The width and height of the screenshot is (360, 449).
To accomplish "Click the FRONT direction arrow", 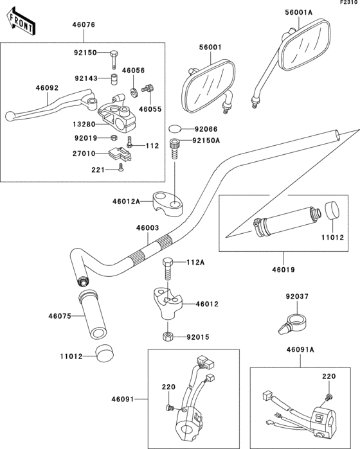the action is (x=21, y=22).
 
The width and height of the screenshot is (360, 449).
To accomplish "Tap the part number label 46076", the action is (x=84, y=24).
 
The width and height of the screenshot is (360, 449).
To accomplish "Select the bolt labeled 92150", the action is (x=114, y=60).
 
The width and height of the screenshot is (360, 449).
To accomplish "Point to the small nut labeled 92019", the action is (x=114, y=137).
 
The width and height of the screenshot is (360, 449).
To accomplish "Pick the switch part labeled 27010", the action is (x=120, y=153).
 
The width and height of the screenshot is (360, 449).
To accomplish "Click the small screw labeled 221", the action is (x=121, y=168).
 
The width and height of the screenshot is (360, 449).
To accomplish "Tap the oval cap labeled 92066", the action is (x=175, y=128).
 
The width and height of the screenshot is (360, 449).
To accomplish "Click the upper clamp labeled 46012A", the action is (x=168, y=204).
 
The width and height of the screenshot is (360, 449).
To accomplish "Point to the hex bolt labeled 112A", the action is (x=168, y=269).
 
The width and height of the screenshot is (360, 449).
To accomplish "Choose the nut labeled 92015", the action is (x=168, y=336).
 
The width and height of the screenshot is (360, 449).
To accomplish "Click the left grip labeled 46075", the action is (x=92, y=314).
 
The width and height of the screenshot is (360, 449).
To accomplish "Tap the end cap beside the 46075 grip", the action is (x=104, y=353).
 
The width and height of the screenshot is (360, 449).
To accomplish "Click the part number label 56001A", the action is (x=299, y=12).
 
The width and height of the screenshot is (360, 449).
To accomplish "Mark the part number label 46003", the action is (x=148, y=228).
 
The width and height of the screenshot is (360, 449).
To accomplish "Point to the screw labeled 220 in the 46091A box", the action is (x=328, y=397).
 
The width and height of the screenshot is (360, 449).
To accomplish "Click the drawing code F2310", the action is (x=350, y=3).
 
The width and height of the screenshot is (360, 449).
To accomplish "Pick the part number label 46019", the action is (x=283, y=270).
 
